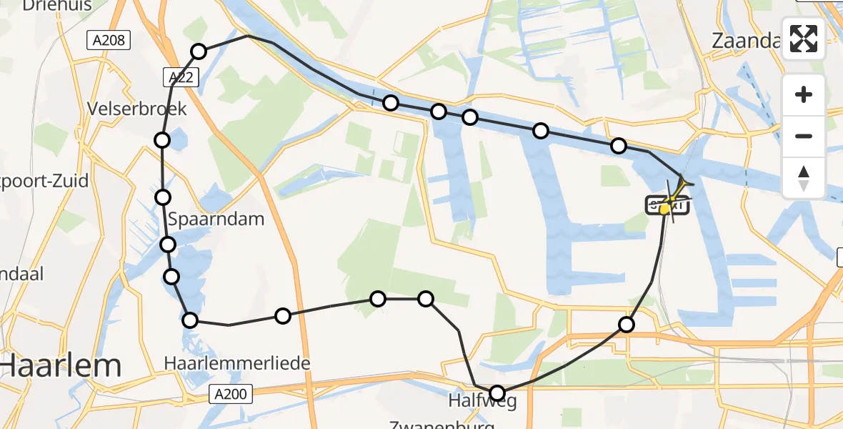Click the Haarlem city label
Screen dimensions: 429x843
[61, 367]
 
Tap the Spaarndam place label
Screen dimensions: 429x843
[215, 219]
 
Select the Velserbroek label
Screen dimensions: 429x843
[136, 109]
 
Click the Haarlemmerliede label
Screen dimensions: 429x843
[237, 363]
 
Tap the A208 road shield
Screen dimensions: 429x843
[109, 41]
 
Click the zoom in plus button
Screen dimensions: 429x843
[804, 94]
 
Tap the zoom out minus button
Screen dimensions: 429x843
[804, 136]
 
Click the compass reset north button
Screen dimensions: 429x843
[804, 177]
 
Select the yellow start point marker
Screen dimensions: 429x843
[665, 209]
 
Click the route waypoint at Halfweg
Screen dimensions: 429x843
[497, 393]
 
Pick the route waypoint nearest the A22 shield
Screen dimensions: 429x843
[199, 51]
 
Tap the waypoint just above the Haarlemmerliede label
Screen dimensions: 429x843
[190, 320]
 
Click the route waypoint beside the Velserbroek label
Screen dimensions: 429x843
[162, 139]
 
